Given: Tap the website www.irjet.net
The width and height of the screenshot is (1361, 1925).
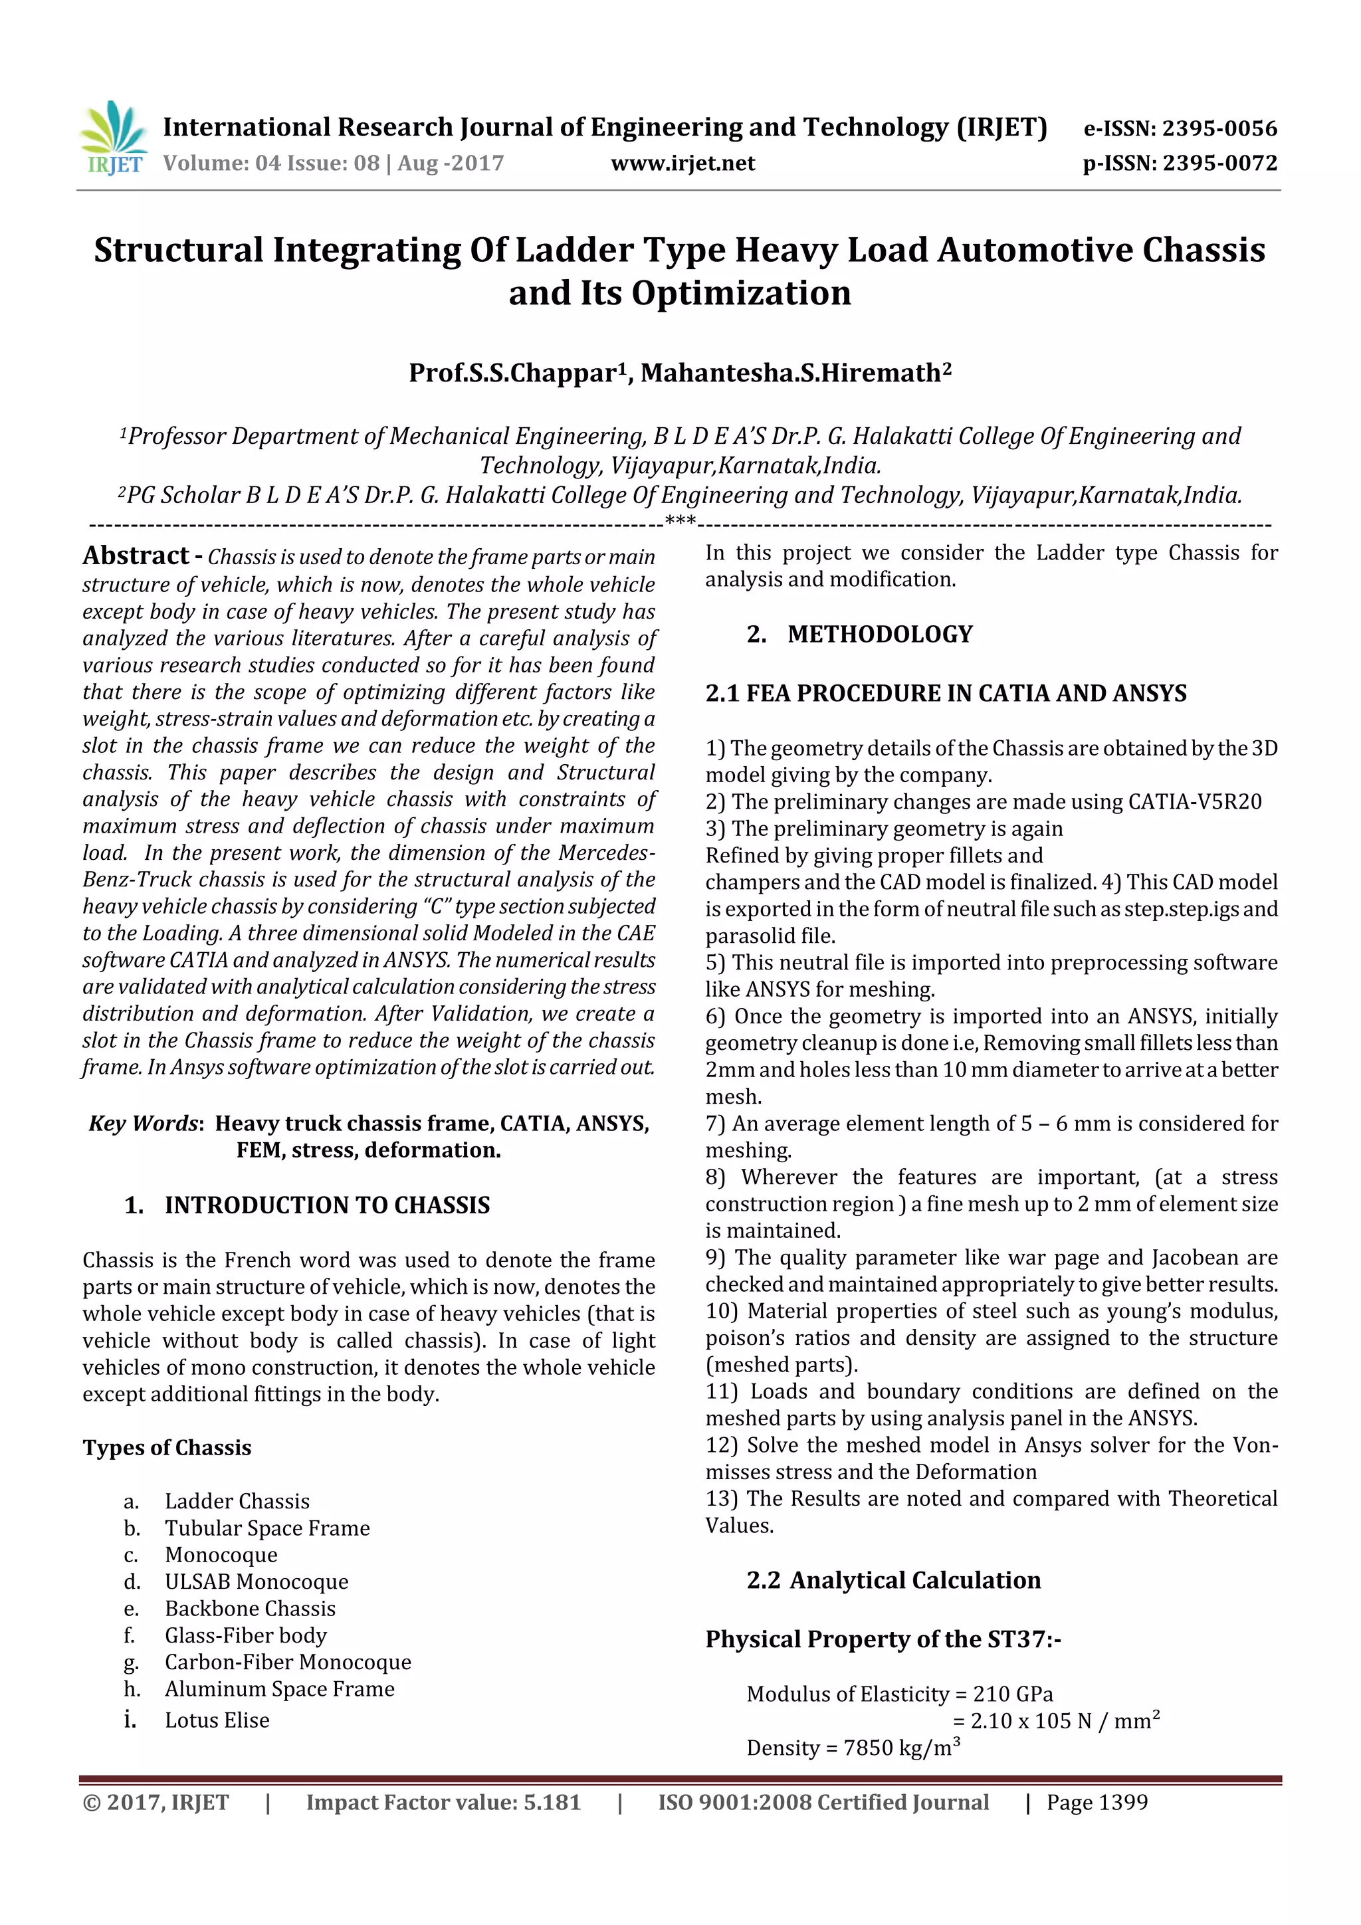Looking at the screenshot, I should (x=682, y=163).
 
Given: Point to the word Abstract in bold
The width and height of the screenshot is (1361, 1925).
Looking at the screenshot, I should (x=136, y=556).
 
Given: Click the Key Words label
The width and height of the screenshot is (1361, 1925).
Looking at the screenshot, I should (x=144, y=1124).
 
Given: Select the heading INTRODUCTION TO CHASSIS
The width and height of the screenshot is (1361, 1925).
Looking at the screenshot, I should (x=326, y=1205).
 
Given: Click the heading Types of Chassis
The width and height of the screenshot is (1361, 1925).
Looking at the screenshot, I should (x=167, y=1448).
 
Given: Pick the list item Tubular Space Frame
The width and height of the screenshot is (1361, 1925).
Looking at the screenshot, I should (x=266, y=1528).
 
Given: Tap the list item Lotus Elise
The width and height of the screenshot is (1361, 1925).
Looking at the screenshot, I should (x=217, y=1720).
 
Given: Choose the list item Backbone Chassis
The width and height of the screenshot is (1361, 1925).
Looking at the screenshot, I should (x=250, y=1609).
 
